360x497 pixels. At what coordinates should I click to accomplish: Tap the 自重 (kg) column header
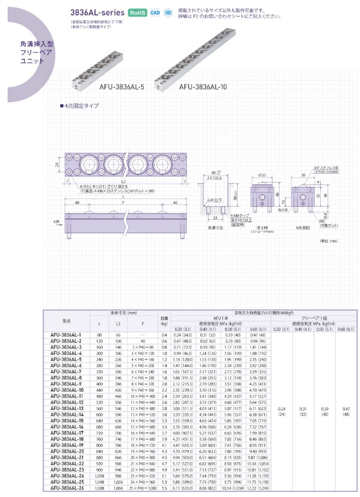click(x=164, y=320)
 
